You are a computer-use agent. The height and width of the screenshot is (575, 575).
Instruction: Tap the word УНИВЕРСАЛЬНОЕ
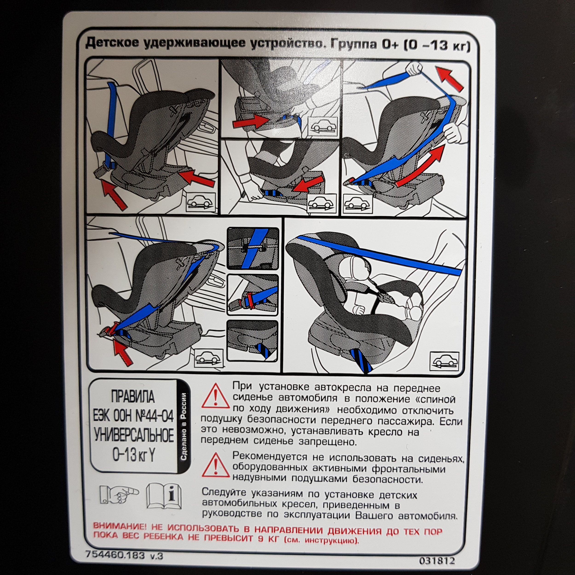point(134,435)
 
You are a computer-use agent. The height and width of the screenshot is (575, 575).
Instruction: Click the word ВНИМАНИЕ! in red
point(120,526)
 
